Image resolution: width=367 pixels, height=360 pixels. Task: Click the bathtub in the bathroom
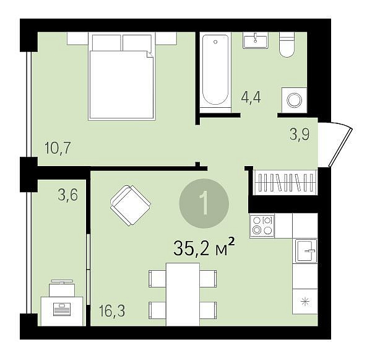pyautogui.click(x=215, y=70)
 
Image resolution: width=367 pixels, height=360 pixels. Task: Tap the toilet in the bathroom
pyautogui.click(x=287, y=45)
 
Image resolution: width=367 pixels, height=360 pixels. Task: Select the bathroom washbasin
pyautogui.click(x=255, y=40)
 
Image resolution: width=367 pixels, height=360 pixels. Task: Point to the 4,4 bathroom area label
pyautogui.click(x=251, y=97)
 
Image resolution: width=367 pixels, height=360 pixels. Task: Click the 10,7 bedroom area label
pyautogui.click(x=58, y=148)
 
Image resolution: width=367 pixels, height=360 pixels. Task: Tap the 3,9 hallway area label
pyautogui.click(x=300, y=134)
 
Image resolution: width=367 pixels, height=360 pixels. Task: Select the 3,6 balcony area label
pyautogui.click(x=67, y=195)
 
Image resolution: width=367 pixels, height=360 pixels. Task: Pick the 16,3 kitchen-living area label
pyautogui.click(x=112, y=310)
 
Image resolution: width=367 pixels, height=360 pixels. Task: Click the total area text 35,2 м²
pyautogui.click(x=204, y=248)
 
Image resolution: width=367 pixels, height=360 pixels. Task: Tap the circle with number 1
pyautogui.click(x=204, y=203)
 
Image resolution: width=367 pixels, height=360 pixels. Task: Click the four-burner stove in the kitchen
pyautogui.click(x=262, y=226)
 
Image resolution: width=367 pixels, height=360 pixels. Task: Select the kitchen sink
pyautogui.click(x=306, y=250)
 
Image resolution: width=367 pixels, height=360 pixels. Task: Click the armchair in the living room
pyautogui.click(x=131, y=206)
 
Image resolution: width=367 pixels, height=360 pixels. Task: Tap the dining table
pyautogui.click(x=183, y=294)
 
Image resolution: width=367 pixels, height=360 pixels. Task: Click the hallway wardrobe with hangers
pyautogui.click(x=285, y=182)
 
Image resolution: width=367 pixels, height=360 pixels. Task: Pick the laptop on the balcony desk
pyautogui.click(x=62, y=309)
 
